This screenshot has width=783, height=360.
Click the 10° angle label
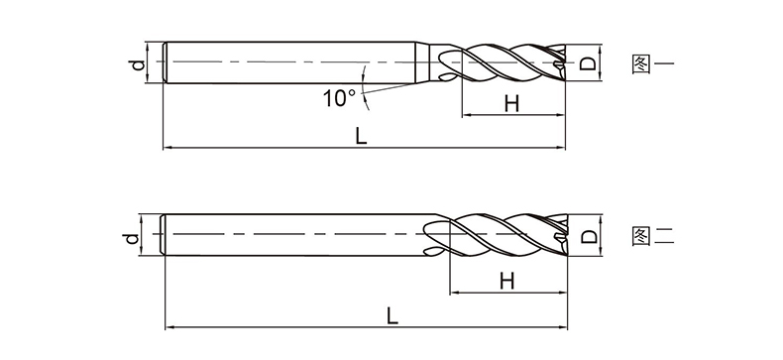tap(339, 98)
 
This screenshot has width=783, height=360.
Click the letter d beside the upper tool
tap(138, 64)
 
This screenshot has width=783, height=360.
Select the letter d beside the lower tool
tap(131, 238)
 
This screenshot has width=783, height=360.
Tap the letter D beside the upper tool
tap(588, 63)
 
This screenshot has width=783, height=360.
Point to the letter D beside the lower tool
tap(590, 236)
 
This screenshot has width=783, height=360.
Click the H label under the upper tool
tap(511, 104)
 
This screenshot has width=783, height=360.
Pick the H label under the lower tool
tap(506, 281)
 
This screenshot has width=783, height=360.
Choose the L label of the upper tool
tap(361, 136)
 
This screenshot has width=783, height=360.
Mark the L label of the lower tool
tap(392, 315)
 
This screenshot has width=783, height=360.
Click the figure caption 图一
tap(653, 64)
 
